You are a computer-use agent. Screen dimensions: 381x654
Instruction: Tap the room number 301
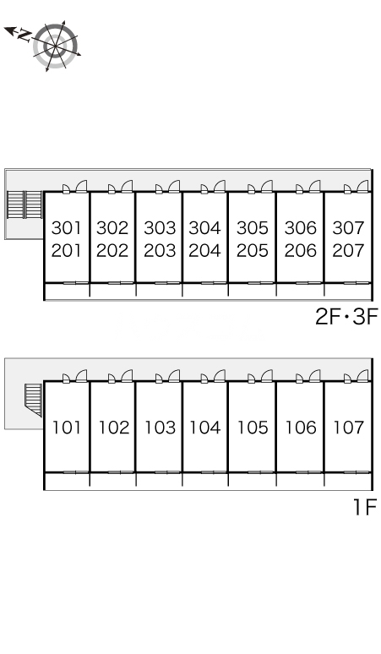pyautogui.click(x=66, y=228)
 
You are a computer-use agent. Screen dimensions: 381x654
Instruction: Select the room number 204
pyautogui.click(x=204, y=251)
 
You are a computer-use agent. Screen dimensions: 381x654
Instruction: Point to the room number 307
pyautogui.click(x=349, y=228)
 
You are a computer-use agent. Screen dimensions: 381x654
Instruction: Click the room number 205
pyautogui.click(x=253, y=251)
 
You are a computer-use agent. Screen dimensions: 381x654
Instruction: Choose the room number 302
pyautogui.click(x=112, y=228)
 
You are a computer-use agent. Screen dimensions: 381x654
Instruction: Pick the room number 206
pyautogui.click(x=301, y=251)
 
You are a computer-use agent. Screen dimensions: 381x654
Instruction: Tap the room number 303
pyautogui.click(x=160, y=228)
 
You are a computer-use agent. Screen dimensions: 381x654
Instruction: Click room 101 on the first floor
pyautogui.click(x=67, y=428)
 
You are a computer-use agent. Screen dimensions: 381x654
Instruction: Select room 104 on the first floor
pyautogui.click(x=204, y=428)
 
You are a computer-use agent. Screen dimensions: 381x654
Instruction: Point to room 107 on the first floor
pyautogui.click(x=349, y=428)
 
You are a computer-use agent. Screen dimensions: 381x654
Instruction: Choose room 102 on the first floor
pyautogui.click(x=113, y=428)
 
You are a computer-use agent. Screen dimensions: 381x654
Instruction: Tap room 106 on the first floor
pyautogui.click(x=301, y=428)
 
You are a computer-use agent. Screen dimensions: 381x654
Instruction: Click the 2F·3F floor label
pyautogui.click(x=346, y=317)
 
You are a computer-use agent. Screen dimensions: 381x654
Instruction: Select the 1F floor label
pyautogui.click(x=365, y=507)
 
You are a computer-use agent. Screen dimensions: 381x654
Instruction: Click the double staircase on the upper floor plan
pyautogui.click(x=25, y=204)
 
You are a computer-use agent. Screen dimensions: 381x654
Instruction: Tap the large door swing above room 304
pyautogui.click(x=220, y=187)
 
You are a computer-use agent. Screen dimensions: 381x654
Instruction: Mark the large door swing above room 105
pyautogui.click(x=267, y=376)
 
